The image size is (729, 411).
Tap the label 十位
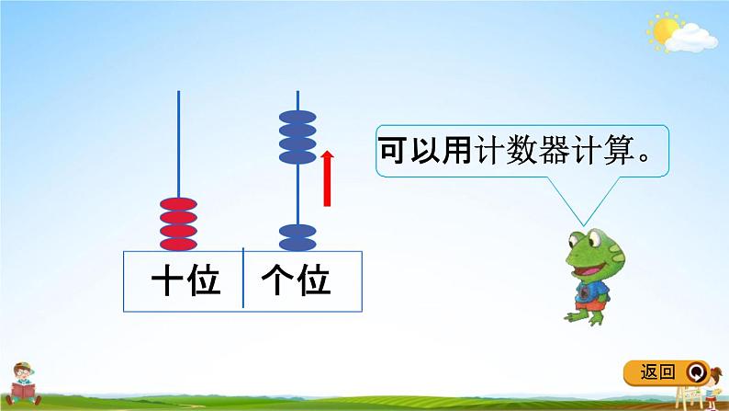point(186,280)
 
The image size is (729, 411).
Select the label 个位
point(297,280)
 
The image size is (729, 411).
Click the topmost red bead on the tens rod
point(178,203)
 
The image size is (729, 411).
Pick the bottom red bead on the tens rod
point(178,243)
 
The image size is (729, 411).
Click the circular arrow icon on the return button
point(697,372)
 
